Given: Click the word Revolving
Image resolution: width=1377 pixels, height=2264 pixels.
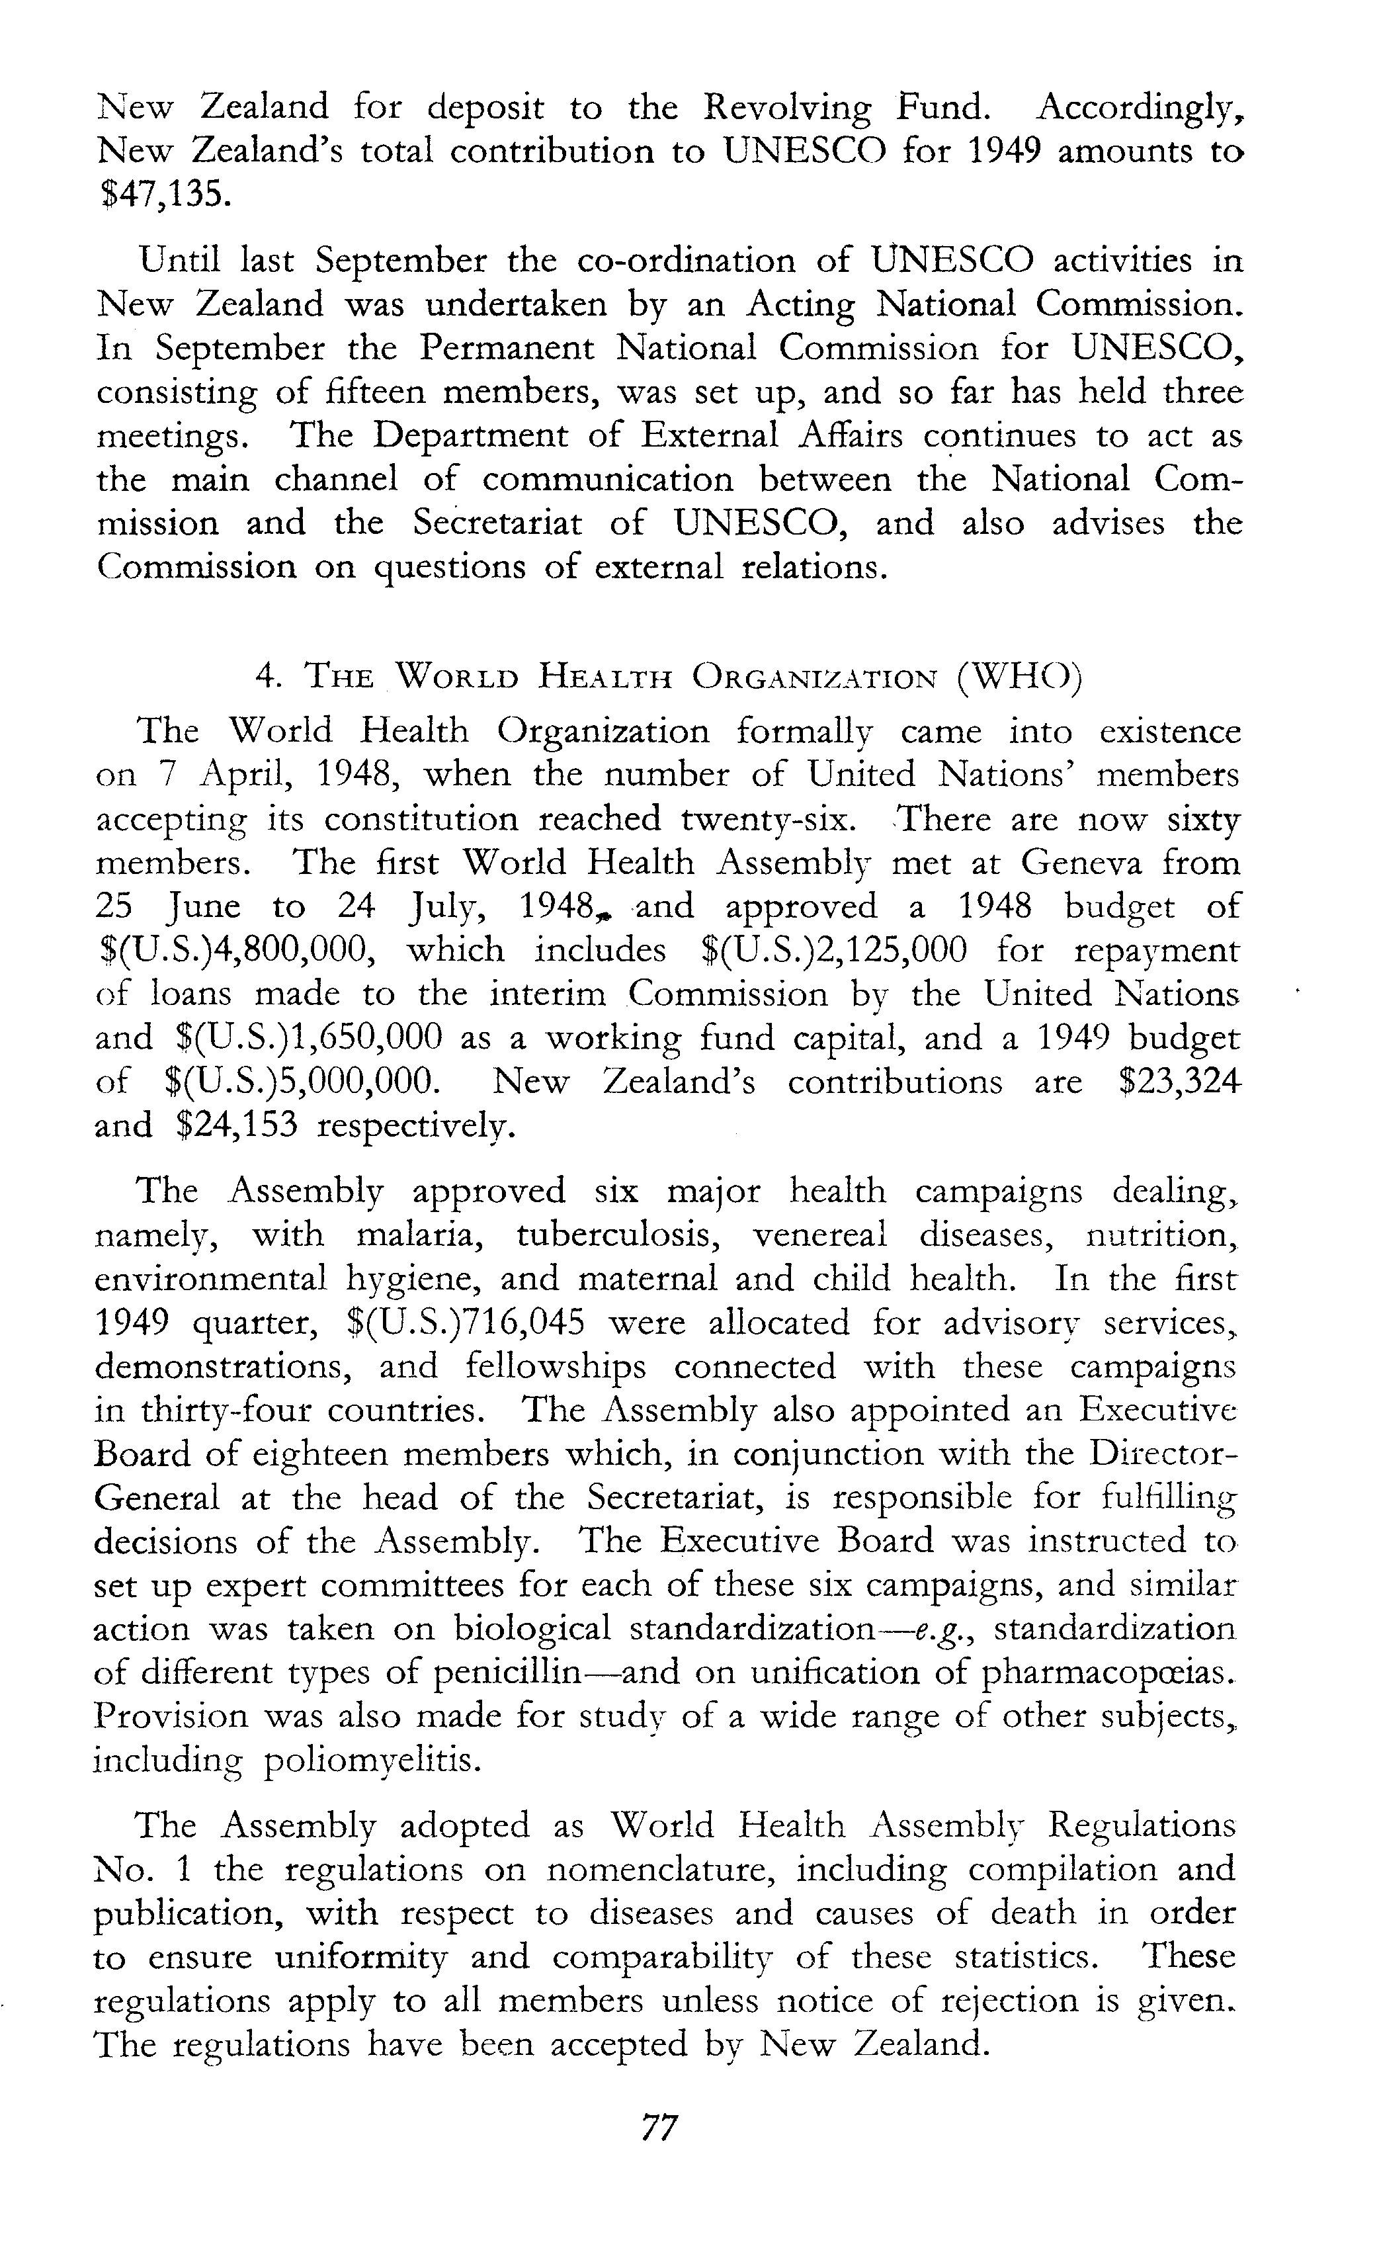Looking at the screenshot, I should (x=786, y=109).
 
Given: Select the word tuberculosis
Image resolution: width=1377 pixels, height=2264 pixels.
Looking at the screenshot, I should (x=616, y=1234).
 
